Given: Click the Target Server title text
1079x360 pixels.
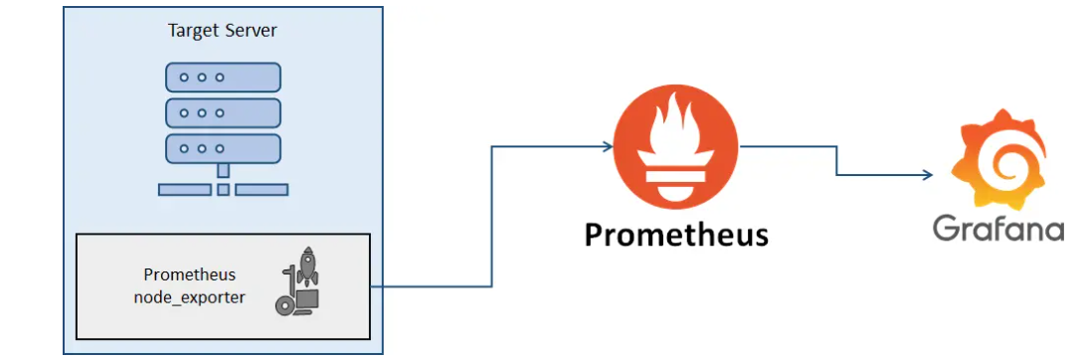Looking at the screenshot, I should (222, 31).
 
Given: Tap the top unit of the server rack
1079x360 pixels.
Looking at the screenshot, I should (223, 77).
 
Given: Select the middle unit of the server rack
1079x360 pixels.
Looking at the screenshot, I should (223, 113).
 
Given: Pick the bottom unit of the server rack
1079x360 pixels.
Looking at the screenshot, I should (223, 149).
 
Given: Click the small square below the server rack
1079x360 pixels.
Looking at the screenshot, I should (223, 189).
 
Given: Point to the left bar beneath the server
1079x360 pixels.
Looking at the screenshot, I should (184, 189).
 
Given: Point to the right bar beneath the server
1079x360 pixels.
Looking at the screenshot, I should (262, 189).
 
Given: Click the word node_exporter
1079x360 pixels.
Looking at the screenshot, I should (189, 296).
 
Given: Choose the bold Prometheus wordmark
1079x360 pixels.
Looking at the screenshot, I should (676, 235).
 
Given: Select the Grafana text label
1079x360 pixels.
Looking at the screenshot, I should (997, 229).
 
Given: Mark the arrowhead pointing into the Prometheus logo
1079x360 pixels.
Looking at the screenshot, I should (607, 147).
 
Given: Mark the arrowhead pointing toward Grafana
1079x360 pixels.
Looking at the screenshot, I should (927, 176).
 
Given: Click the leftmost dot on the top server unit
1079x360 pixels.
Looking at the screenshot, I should (184, 77).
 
